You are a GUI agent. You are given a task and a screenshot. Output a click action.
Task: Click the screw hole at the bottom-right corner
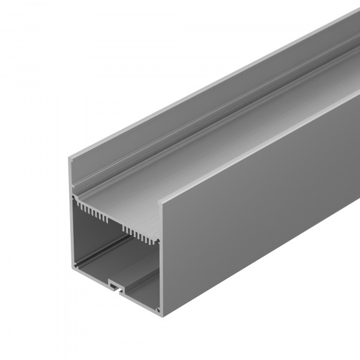pyautogui.click(x=158, y=310)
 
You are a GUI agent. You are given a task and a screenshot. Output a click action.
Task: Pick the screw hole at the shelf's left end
pyautogui.click(x=74, y=196)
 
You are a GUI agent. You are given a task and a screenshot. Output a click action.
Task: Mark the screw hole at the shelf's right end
pyautogui.click(x=158, y=241)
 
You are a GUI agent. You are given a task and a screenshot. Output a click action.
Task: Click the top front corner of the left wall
pyautogui.click(x=70, y=154)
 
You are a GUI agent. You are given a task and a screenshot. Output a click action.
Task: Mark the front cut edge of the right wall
pyautogui.click(x=161, y=258)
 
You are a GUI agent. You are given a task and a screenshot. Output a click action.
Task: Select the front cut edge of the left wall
pyautogui.click(x=71, y=210)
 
